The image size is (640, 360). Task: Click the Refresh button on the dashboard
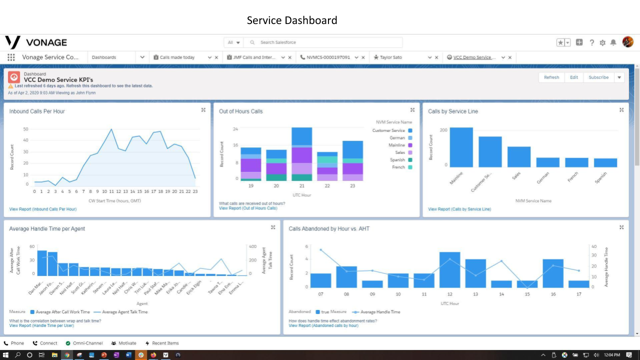coord(551,77)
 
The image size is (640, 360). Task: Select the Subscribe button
coord(598,77)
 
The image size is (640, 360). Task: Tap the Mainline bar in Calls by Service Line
coord(461,147)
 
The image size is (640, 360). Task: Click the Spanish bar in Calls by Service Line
coord(605,162)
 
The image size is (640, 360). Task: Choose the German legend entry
coord(397,138)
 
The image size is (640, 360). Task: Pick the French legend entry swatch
coord(410,167)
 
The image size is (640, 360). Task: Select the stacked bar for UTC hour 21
coord(301,154)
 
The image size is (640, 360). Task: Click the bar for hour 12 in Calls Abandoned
coord(449,269)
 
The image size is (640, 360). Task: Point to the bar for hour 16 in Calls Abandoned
coord(553,273)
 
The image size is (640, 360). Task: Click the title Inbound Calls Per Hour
coord(37,111)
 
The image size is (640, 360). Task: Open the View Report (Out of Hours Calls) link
coord(248,208)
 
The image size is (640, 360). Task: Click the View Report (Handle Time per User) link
coord(41,325)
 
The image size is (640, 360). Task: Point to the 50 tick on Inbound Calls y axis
coord(25,129)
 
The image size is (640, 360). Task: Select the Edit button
coord(574,77)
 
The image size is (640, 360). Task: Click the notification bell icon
coord(613,42)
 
